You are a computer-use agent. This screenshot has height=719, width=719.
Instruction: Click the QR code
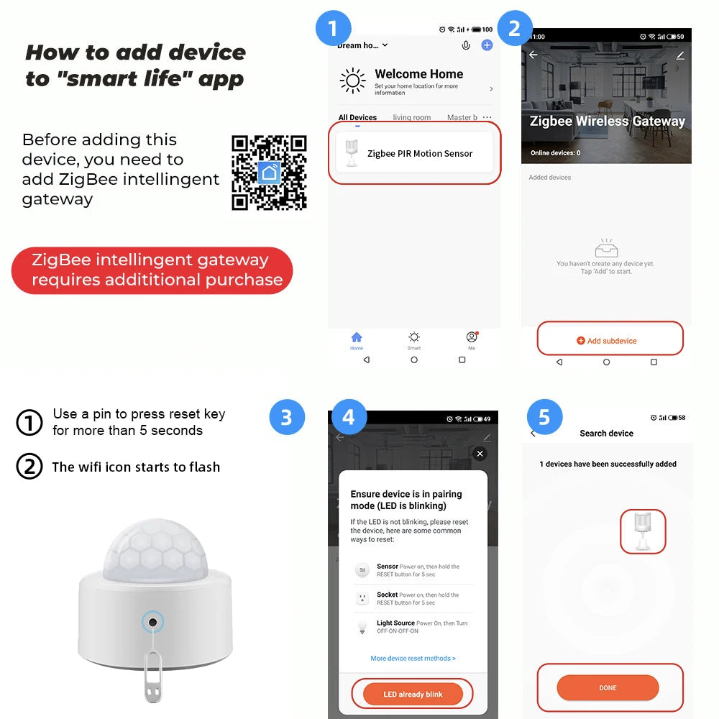click(269, 173)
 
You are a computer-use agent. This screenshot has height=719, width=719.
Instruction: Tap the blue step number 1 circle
click(333, 29)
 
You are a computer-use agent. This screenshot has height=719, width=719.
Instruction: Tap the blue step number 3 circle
click(287, 418)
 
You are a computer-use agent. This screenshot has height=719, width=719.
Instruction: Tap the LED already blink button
click(413, 694)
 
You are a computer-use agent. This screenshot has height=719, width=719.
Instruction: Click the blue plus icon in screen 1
click(487, 45)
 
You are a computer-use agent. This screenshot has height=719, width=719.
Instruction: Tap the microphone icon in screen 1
click(466, 45)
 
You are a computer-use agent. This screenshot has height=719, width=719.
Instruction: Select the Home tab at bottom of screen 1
click(357, 340)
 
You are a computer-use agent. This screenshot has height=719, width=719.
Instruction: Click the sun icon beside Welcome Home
click(352, 81)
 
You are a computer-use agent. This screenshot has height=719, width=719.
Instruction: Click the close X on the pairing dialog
click(480, 454)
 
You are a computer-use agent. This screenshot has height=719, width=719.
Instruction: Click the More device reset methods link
click(413, 658)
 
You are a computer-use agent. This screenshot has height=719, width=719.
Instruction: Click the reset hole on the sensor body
click(152, 620)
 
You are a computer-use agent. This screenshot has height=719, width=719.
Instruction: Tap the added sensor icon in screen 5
click(642, 532)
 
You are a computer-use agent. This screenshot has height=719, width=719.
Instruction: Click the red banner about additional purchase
click(152, 270)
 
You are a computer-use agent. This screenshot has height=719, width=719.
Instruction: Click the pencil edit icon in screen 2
click(679, 55)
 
